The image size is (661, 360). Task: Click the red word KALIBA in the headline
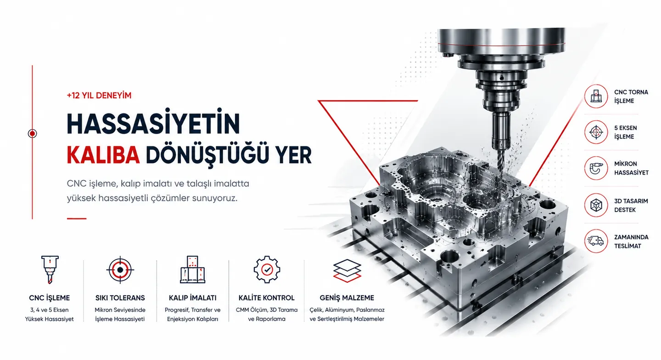tap(103, 155)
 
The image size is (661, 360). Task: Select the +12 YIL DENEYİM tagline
tap(99, 96)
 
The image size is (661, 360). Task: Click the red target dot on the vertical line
tap(32, 134)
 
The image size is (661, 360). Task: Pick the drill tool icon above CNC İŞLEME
tap(50, 270)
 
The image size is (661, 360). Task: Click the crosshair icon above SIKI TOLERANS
tap(120, 270)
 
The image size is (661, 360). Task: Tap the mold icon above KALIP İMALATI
tap(192, 269)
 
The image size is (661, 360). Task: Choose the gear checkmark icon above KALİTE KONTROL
tap(267, 270)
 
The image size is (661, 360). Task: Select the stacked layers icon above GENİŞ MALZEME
tap(347, 270)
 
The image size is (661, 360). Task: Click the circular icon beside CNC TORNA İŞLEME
tap(596, 96)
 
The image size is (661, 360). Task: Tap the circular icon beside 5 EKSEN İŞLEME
tap(596, 132)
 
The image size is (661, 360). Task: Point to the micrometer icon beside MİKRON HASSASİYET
tap(596, 168)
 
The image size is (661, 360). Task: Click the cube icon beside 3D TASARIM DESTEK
tap(596, 205)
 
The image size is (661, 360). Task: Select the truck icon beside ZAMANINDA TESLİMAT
tap(596, 241)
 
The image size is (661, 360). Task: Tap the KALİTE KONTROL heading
tap(266, 298)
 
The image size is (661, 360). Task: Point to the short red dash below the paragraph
tap(77, 219)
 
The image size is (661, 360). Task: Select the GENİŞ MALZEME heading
tap(347, 298)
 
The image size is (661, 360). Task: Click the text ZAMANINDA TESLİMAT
tap(631, 242)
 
